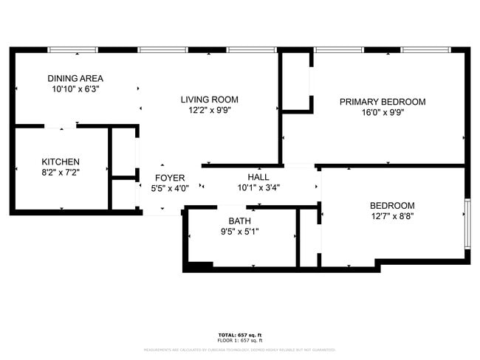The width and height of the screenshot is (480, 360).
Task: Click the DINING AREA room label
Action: point(75,78)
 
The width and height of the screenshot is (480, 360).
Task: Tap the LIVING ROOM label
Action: point(210,100)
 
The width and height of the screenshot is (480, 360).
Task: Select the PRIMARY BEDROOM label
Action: point(382,102)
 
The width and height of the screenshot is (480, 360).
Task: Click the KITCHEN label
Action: point(61,162)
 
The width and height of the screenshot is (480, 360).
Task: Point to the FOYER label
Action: point(170,178)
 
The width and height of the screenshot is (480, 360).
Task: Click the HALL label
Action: point(258,177)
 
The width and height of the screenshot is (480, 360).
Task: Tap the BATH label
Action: point(239,221)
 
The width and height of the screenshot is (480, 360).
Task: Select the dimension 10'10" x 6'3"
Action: point(75,89)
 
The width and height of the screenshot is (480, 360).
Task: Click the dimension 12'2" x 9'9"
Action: point(210,111)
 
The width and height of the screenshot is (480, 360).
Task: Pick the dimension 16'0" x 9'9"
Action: point(382,113)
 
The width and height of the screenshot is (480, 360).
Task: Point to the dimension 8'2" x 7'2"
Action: point(61,173)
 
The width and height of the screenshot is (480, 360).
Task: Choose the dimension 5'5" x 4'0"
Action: point(170,188)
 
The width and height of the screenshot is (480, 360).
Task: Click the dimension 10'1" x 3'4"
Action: point(258,187)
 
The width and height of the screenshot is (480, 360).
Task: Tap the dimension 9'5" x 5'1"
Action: point(239,231)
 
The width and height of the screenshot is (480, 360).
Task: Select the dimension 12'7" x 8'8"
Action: point(391,216)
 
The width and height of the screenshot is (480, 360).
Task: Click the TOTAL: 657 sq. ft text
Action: point(239,335)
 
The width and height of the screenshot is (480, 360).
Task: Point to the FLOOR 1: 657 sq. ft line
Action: point(239,340)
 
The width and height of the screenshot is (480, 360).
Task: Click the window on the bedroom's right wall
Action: point(467,222)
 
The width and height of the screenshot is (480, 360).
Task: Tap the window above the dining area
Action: point(73,50)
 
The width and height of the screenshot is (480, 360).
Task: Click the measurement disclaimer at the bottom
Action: point(239,350)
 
